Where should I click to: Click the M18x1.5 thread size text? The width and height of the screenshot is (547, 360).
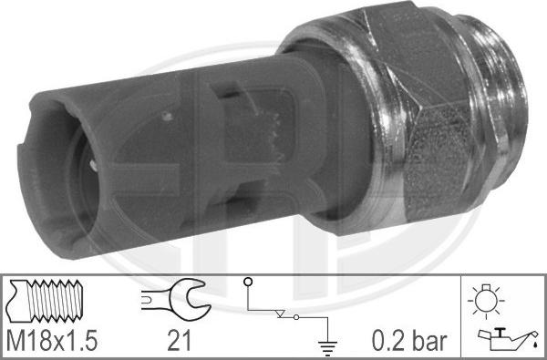pos(52,342)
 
